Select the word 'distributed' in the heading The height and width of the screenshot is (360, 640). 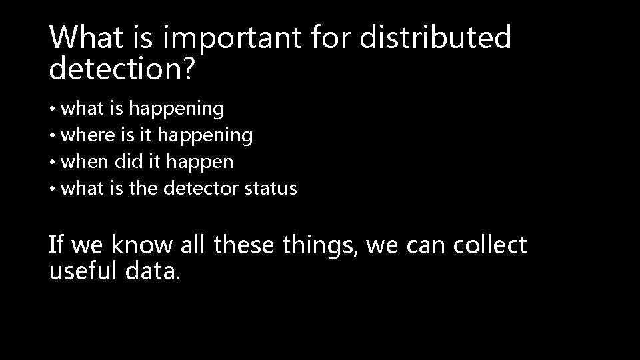point(435,38)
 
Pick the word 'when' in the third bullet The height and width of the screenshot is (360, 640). point(84,162)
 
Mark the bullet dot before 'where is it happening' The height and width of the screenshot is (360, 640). point(53,136)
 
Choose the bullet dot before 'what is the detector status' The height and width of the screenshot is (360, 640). point(53,189)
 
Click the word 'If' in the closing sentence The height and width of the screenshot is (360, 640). point(57,245)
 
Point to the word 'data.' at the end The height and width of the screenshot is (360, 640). point(154,271)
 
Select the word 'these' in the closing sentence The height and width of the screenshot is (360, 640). point(243,245)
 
